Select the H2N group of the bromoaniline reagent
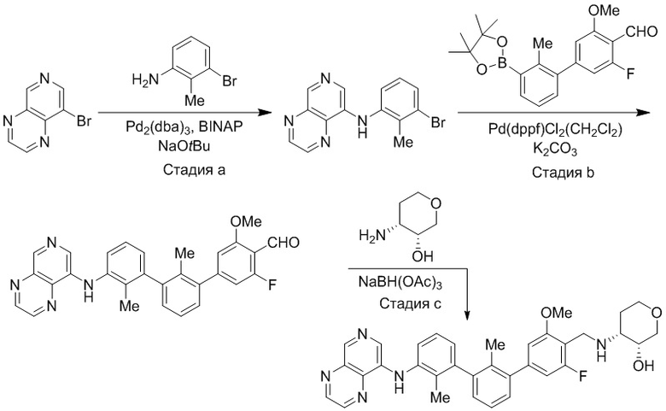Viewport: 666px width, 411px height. point(144,79)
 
